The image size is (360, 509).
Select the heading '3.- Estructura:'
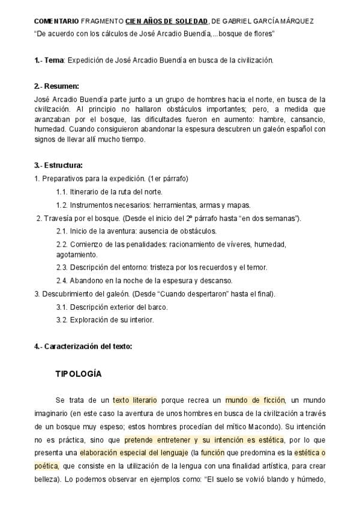point(59,165)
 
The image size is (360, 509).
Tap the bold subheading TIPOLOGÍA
point(79,375)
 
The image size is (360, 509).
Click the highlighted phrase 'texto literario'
point(135,400)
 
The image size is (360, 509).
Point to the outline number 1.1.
point(61,191)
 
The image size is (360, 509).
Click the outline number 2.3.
point(61,267)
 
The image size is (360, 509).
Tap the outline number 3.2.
point(61,320)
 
